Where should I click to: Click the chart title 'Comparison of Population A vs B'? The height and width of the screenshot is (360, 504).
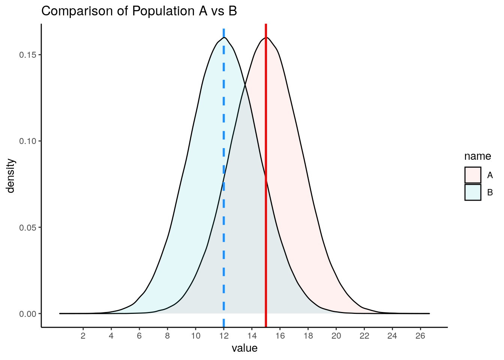coord(139,11)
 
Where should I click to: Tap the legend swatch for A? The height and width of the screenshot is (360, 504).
coord(472,175)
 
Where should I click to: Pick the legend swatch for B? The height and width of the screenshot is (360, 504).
coord(472,192)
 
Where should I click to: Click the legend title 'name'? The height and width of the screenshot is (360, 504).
coord(477,156)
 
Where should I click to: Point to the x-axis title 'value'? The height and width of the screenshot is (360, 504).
coord(244,348)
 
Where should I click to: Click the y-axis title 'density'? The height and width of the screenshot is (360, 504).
coord(10,175)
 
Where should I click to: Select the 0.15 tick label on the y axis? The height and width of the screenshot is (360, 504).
coord(27,55)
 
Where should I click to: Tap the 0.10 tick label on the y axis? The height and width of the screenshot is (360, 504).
coord(27,141)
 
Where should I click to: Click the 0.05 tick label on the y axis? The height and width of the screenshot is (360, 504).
coord(27,227)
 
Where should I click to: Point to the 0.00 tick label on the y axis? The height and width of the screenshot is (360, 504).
coord(27,313)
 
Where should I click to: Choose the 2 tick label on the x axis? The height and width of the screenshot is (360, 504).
coord(83,336)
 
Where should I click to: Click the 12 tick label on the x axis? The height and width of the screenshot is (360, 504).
coord(223,336)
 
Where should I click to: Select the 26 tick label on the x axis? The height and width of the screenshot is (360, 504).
coord(420,336)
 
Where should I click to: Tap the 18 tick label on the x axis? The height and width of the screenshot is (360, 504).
coord(308,336)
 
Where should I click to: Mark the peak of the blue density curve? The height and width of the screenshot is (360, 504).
coord(224,37)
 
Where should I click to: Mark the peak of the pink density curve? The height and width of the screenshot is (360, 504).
coord(266,37)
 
